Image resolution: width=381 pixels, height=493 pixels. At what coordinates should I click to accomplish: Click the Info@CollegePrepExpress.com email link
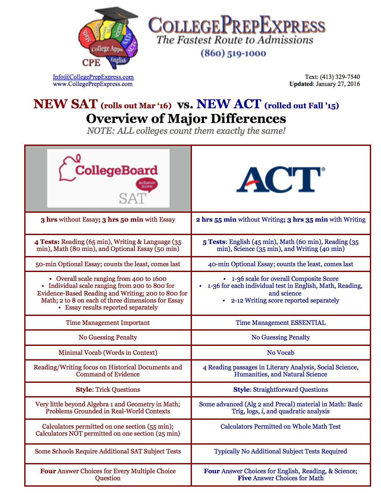pyautogui.click(x=93, y=77)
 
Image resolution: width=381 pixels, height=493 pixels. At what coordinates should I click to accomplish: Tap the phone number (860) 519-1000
pyautogui.click(x=233, y=53)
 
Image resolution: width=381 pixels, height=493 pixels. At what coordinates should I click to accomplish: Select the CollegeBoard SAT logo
pyautogui.click(x=108, y=178)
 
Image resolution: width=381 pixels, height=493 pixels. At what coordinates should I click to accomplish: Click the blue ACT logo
pyautogui.click(x=281, y=180)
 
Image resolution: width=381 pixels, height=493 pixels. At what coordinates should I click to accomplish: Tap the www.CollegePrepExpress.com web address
pyautogui.click(x=92, y=84)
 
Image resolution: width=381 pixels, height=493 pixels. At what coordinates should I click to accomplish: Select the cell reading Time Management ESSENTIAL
pyautogui.click(x=281, y=323)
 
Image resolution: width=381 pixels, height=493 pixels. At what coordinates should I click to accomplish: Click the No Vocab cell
pyautogui.click(x=281, y=353)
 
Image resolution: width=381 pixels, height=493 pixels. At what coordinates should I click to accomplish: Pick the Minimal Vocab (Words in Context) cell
pyautogui.click(x=108, y=353)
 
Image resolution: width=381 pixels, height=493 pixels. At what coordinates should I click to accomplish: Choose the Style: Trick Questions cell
pyautogui.click(x=108, y=389)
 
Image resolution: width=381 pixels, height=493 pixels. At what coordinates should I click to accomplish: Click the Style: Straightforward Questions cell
pyautogui.click(x=281, y=389)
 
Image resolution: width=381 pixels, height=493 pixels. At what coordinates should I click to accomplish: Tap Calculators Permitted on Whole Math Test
pyautogui.click(x=281, y=426)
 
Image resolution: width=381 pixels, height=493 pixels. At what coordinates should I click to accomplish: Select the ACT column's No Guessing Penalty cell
pyautogui.click(x=281, y=337)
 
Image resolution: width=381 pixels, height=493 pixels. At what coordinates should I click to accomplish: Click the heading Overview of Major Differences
pyautogui.click(x=186, y=118)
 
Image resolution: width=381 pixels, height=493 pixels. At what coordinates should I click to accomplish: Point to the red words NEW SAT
pyautogui.click(x=65, y=104)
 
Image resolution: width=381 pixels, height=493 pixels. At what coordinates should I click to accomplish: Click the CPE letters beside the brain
pyautogui.click(x=91, y=62)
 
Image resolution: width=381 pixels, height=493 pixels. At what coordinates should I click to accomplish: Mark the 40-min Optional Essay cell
pyautogui.click(x=281, y=264)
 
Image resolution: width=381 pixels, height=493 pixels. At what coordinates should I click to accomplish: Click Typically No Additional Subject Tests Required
pyautogui.click(x=281, y=451)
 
